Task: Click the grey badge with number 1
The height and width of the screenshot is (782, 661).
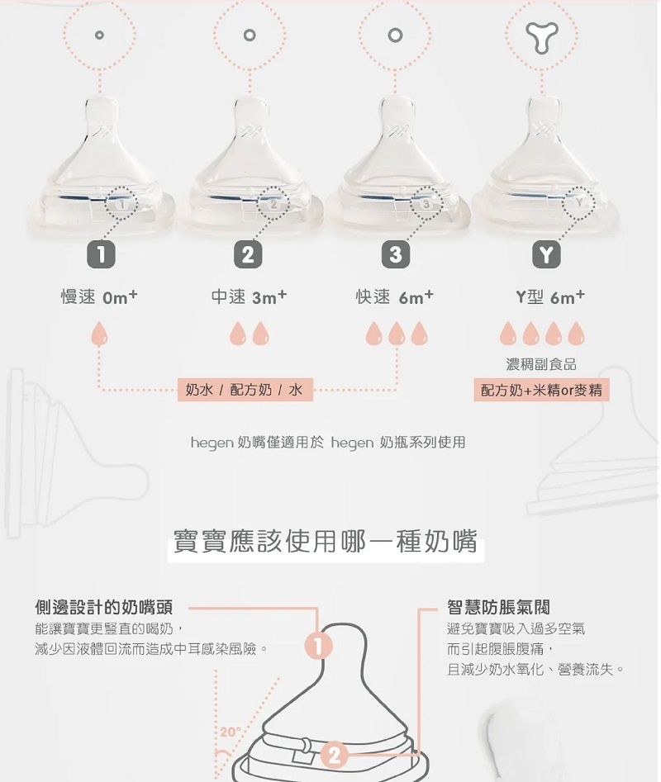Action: (102, 254)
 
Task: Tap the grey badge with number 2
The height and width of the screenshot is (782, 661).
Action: (248, 254)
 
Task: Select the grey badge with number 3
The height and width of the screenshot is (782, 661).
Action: (396, 254)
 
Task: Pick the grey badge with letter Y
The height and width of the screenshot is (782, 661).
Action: (546, 254)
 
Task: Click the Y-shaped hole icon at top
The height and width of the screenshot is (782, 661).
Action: (542, 36)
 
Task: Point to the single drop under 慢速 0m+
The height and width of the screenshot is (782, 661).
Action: (99, 334)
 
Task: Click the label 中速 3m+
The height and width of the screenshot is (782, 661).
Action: (249, 297)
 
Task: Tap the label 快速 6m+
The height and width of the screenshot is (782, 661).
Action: (395, 297)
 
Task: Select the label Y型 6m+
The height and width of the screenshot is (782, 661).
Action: (549, 297)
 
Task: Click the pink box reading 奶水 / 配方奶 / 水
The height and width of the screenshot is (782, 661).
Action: (245, 390)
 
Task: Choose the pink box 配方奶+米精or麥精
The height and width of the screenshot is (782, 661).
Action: (541, 390)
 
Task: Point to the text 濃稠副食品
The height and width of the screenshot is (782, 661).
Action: (541, 364)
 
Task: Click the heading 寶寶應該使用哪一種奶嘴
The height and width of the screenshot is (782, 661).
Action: (326, 542)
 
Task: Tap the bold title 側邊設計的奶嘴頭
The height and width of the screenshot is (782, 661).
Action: (104, 607)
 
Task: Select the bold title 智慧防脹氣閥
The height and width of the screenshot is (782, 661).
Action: (498, 607)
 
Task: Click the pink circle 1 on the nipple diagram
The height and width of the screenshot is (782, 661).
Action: (319, 646)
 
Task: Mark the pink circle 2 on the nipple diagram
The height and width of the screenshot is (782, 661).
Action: (335, 755)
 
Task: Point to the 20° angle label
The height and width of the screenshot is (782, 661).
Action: (231, 732)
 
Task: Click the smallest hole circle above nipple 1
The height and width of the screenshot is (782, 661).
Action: (99, 35)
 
